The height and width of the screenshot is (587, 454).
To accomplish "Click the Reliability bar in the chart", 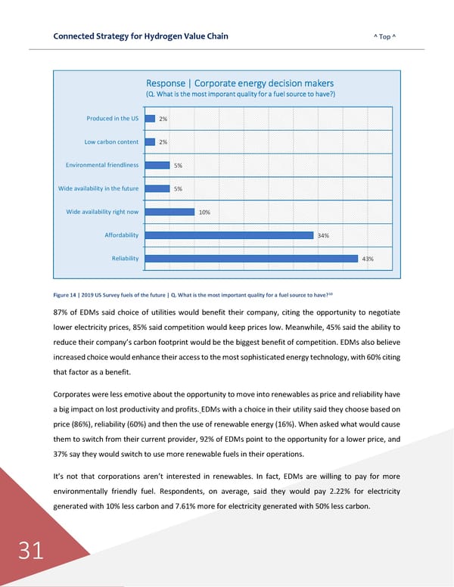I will pos(250,259).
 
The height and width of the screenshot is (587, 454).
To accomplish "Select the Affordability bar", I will pos(228,235).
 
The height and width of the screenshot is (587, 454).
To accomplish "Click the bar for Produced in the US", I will pos(150,118).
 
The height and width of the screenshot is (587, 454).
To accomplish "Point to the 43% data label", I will pos(368,259).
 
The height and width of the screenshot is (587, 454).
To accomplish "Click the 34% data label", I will pos(323,236).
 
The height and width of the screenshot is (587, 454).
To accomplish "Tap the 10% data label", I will pos(204,213).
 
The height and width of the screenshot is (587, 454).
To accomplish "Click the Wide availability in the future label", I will pos(98,188).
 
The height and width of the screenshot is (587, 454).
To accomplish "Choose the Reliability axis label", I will pos(125,259).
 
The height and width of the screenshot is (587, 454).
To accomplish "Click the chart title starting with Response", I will pos(240,83).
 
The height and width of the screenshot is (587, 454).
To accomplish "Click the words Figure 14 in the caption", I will pos(66,294).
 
